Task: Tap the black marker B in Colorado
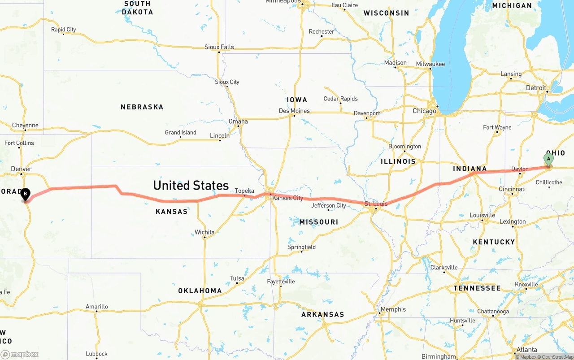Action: click(x=26, y=194)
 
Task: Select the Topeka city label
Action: click(x=244, y=191)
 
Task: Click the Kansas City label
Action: click(x=287, y=198)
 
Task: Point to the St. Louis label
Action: click(x=376, y=204)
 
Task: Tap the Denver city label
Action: click(x=21, y=169)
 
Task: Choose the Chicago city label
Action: click(x=424, y=111)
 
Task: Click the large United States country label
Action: click(x=191, y=185)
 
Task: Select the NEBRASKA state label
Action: click(x=142, y=107)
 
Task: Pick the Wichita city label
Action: click(x=204, y=232)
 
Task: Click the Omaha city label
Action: click(x=238, y=121)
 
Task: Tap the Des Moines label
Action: click(x=294, y=111)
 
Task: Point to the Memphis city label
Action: click(x=393, y=309)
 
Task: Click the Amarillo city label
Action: click(x=97, y=307)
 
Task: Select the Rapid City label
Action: click(x=63, y=30)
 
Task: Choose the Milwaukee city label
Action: click(x=430, y=64)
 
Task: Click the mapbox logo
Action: click(x=20, y=354)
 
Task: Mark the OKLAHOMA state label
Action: click(x=200, y=291)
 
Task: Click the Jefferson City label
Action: click(x=329, y=206)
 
